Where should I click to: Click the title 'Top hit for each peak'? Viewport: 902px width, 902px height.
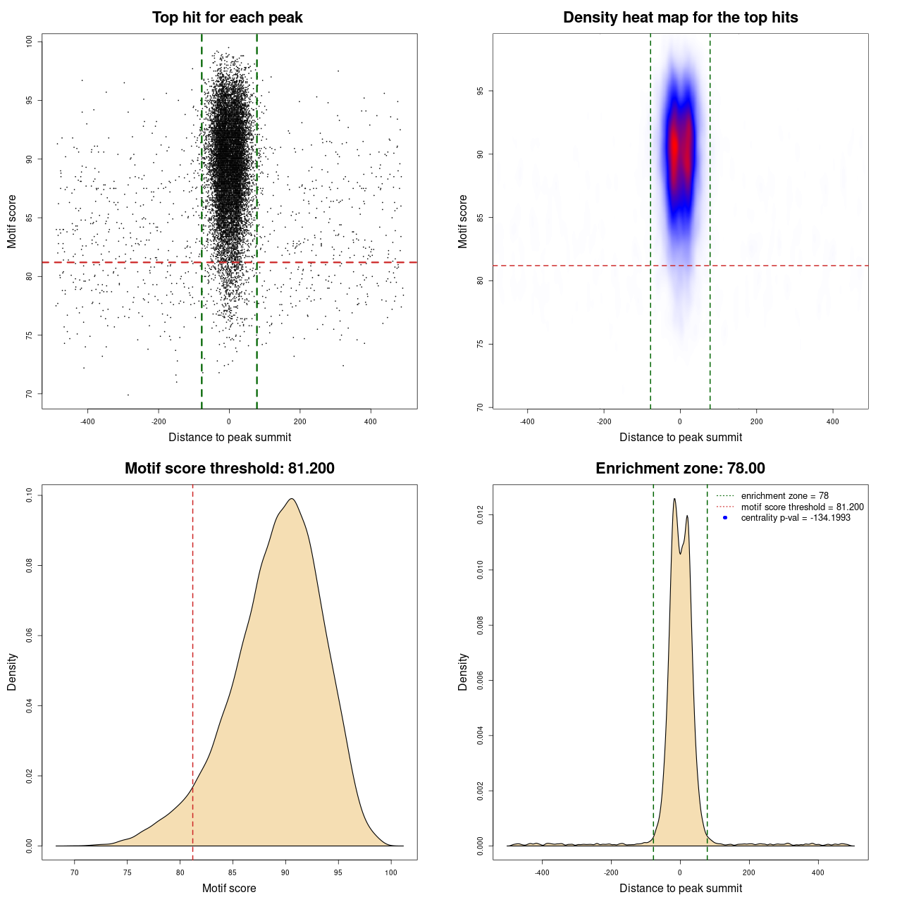point(227,18)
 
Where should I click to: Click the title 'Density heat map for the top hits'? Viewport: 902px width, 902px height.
point(680,18)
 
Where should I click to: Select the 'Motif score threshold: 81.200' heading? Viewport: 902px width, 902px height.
point(229,469)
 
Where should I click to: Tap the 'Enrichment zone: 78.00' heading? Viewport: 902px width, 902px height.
point(680,469)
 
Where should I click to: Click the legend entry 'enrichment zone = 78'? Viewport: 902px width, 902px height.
point(784,496)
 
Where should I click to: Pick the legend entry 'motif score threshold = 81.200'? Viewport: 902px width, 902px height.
point(802,507)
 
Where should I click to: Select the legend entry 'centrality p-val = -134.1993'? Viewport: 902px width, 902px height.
point(796,518)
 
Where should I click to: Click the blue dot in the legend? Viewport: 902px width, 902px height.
point(725,518)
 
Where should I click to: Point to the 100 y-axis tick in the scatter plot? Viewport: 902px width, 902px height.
point(30,42)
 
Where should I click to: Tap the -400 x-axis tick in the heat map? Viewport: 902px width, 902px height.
point(527,421)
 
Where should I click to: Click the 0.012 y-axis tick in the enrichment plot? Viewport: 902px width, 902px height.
point(481,515)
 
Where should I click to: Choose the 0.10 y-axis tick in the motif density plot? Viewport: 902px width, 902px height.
point(30,495)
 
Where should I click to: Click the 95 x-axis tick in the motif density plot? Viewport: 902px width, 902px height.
point(338,872)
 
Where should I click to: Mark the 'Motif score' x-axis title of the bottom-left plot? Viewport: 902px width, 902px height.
point(229,888)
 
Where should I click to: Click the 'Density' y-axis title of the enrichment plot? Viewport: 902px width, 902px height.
point(463,672)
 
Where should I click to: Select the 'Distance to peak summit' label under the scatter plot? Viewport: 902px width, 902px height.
point(230,437)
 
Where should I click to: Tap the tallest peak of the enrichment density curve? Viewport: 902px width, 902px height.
point(674,500)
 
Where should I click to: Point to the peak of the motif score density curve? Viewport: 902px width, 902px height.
point(291,500)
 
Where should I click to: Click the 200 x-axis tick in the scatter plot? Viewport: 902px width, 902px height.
point(300,421)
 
